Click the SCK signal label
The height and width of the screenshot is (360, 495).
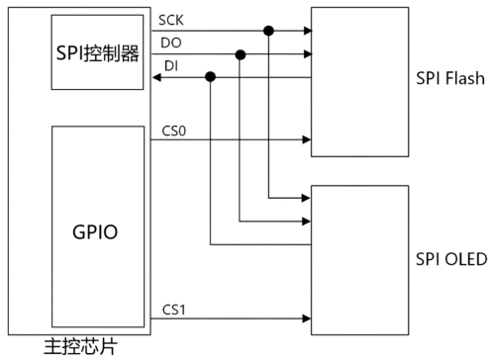pyautogui.click(x=171, y=20)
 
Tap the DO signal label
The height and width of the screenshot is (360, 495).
pyautogui.click(x=169, y=43)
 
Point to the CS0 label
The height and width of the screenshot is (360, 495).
pyautogui.click(x=171, y=129)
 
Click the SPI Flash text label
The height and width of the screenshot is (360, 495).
pyautogui.click(x=450, y=75)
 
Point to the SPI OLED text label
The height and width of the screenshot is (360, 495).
pyautogui.click(x=450, y=260)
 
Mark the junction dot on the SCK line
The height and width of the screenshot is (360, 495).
pyautogui.click(x=268, y=32)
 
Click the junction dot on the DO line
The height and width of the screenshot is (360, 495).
pyautogui.click(x=240, y=54)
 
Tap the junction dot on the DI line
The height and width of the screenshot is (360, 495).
pyautogui.click(x=210, y=77)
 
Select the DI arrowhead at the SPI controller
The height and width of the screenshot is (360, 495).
pyautogui.click(x=155, y=77)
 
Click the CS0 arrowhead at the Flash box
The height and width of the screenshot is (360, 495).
pyautogui.click(x=305, y=139)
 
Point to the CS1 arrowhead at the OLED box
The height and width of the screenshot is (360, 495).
pyautogui.click(x=305, y=318)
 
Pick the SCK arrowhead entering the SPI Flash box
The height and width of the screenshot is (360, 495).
pyautogui.click(x=305, y=32)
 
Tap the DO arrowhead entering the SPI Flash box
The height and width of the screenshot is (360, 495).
pyautogui.click(x=305, y=54)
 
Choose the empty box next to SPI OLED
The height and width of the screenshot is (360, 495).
pyautogui.click(x=359, y=260)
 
